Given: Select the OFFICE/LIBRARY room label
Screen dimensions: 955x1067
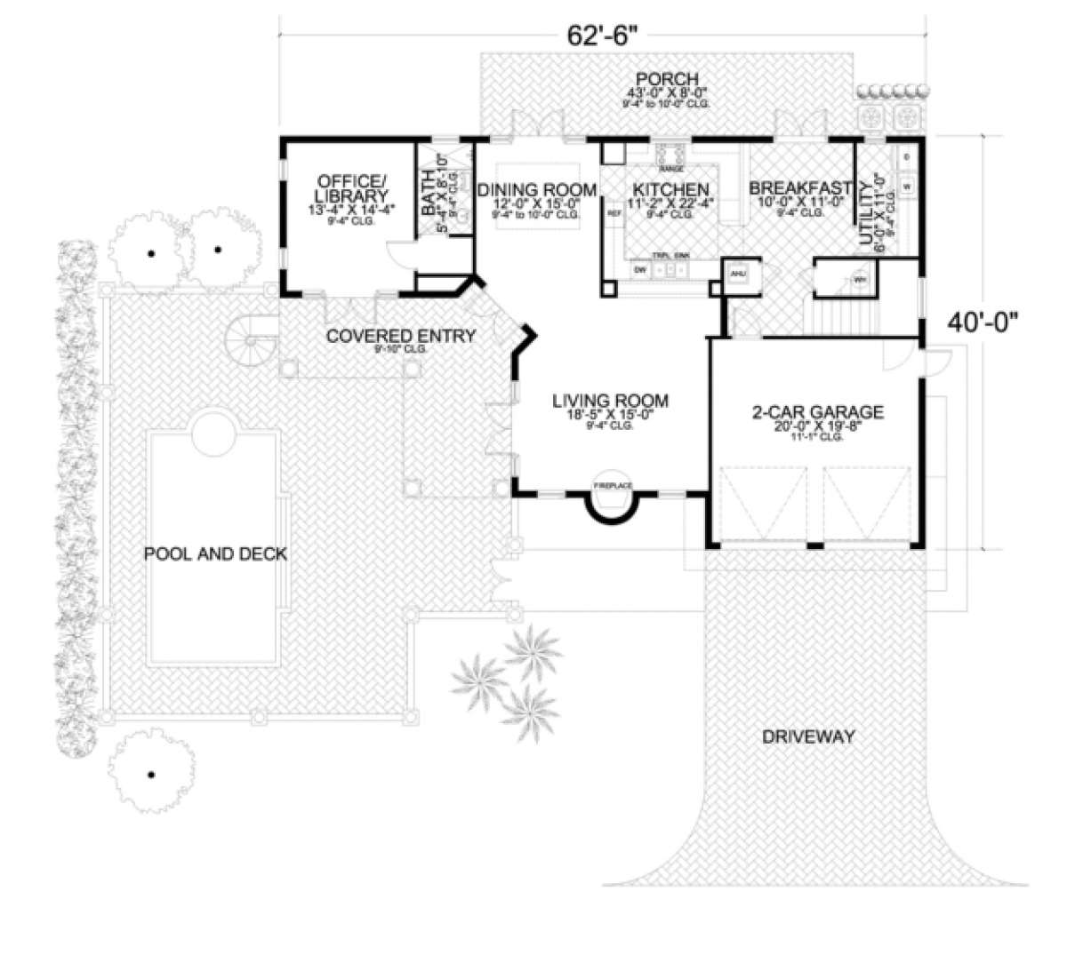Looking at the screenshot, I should [350, 188].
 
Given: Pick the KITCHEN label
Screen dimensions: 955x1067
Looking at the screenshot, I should [670, 189].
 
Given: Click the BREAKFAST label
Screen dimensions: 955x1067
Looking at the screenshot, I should [800, 188].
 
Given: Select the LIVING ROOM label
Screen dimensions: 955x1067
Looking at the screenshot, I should [609, 400].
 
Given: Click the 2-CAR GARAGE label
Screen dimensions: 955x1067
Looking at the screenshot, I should [816, 411].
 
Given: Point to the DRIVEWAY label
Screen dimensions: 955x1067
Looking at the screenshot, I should [807, 736].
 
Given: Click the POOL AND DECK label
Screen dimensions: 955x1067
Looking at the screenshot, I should [216, 554].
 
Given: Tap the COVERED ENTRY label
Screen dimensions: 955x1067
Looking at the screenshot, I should [400, 336].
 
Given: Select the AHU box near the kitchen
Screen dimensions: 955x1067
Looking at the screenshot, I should [737, 275].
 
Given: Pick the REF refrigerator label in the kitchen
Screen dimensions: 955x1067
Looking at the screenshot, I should [613, 214].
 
